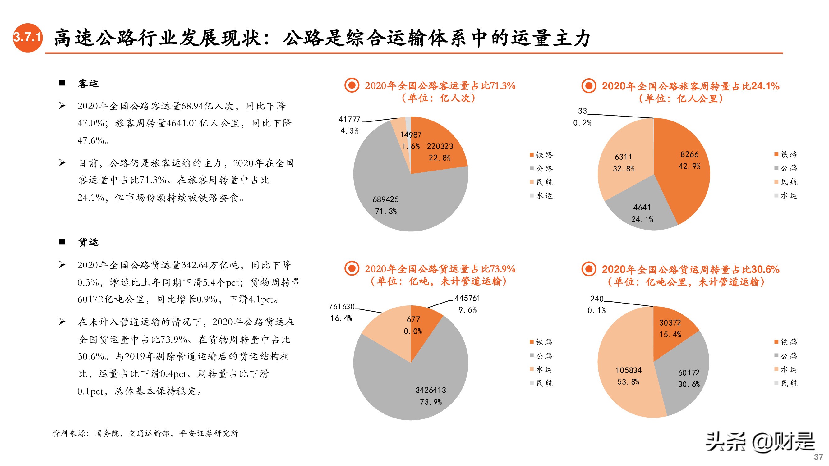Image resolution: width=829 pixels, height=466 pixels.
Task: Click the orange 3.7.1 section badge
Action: pyautogui.click(x=28, y=38)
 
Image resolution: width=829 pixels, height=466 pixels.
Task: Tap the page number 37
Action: pyautogui.click(x=818, y=457)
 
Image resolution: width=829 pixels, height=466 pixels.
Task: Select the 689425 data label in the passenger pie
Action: pyautogui.click(x=385, y=200)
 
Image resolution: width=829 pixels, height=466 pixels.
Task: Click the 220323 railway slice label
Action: pyautogui.click(x=440, y=146)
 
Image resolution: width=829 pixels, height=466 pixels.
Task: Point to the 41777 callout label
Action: pyautogui.click(x=349, y=119)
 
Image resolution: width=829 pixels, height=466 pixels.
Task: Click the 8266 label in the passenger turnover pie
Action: pyautogui.click(x=689, y=155)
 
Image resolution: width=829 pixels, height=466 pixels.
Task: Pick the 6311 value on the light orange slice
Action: pyautogui.click(x=623, y=157)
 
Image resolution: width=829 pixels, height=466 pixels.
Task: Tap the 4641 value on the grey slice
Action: pyautogui.click(x=642, y=208)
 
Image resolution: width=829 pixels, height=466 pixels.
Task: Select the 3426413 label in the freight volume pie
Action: pyautogui.click(x=431, y=391)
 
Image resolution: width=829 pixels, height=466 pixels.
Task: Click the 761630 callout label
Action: pyautogui.click(x=341, y=307)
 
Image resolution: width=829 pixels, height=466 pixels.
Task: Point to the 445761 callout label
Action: pyautogui.click(x=467, y=299)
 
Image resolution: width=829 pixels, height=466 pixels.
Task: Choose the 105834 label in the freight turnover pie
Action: pyautogui.click(x=629, y=371)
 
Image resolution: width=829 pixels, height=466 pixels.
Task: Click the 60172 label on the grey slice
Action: pyautogui.click(x=689, y=373)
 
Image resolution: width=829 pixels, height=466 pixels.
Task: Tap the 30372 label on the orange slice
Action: pyautogui.click(x=670, y=323)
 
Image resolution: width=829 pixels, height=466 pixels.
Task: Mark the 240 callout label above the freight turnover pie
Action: pyautogui.click(x=596, y=299)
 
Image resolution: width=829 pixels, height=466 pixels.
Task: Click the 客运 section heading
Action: pyautogui.click(x=88, y=84)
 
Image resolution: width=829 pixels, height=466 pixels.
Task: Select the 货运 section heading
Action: pyautogui.click(x=88, y=242)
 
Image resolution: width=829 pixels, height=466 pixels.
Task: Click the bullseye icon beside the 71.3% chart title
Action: pyautogui.click(x=352, y=85)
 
